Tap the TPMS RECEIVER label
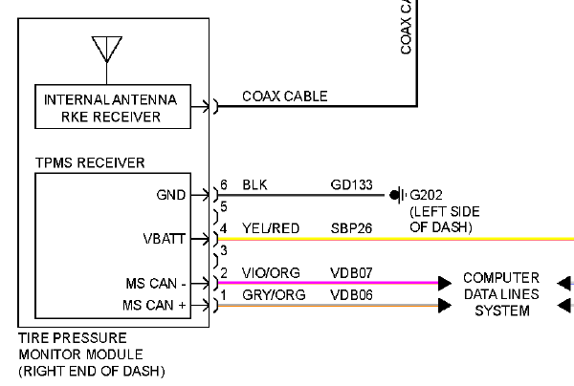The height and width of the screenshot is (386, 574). (90, 162)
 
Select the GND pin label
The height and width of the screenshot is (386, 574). (171, 195)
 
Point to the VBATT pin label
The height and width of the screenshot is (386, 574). (165, 239)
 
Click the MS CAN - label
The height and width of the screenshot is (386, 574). (156, 283)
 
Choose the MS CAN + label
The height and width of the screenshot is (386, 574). (154, 305)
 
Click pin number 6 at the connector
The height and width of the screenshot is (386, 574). (224, 184)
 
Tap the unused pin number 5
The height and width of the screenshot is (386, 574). (224, 207)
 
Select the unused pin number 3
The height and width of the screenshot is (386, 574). (224, 250)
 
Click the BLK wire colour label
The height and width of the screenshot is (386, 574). (254, 184)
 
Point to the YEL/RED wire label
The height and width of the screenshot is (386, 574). (271, 228)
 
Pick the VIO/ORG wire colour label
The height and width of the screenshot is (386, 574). (271, 273)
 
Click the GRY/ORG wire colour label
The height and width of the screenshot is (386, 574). (274, 294)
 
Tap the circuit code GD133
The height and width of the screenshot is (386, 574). (351, 184)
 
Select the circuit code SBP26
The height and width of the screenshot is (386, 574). (351, 228)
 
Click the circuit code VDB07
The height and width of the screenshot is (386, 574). (351, 273)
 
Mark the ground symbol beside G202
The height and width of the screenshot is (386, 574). (398, 195)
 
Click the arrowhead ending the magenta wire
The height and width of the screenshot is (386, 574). (445, 283)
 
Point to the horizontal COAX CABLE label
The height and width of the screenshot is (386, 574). (285, 96)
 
